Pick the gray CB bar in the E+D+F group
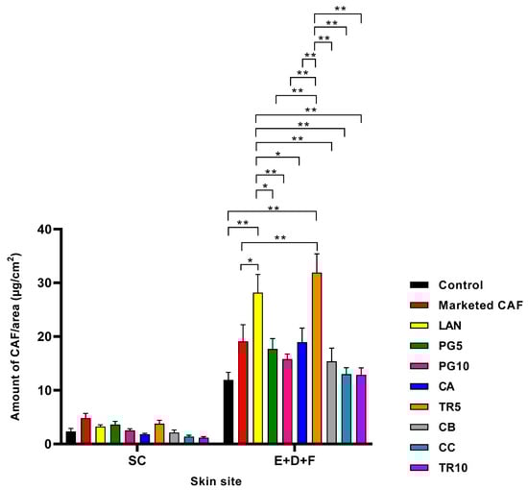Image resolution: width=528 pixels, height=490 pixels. (x=331, y=403)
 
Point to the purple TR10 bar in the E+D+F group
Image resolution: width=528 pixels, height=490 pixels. (x=361, y=409)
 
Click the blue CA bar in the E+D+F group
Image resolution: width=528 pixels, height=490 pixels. (x=301, y=393)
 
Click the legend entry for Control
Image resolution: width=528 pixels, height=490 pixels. (x=450, y=285)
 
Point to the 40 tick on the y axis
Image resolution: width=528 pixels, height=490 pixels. (x=47, y=230)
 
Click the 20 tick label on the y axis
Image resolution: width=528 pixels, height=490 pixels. (x=47, y=337)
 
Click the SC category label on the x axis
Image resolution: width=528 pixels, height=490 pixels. (x=137, y=459)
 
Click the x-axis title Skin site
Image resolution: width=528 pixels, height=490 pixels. (x=215, y=479)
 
